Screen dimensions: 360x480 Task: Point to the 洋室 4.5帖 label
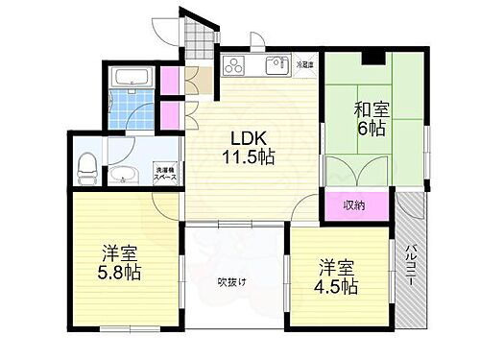[337, 276]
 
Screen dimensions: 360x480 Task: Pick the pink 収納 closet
[355, 204]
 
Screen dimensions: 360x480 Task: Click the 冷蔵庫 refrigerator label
[304, 64]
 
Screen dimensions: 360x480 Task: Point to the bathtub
[129, 77]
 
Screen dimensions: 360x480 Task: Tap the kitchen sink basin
[276, 66]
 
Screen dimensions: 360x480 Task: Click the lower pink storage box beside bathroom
[171, 114]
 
